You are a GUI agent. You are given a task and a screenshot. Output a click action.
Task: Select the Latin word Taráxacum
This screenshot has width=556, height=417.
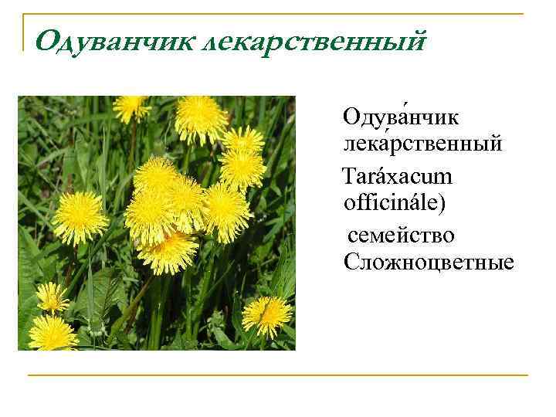[398, 177]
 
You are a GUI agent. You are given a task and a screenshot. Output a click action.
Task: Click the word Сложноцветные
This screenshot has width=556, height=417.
[429, 263]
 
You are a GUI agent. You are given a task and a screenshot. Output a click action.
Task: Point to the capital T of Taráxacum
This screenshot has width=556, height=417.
[349, 177]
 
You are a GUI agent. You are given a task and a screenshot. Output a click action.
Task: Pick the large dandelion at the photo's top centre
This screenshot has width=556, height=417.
[201, 118]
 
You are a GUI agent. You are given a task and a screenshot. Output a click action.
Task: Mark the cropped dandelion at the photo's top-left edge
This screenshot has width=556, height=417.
[131, 106]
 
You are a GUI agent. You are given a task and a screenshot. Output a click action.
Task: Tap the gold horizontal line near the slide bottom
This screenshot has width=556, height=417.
[278, 375]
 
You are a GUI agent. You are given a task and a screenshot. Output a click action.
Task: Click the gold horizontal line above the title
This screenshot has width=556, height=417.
[278, 15]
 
